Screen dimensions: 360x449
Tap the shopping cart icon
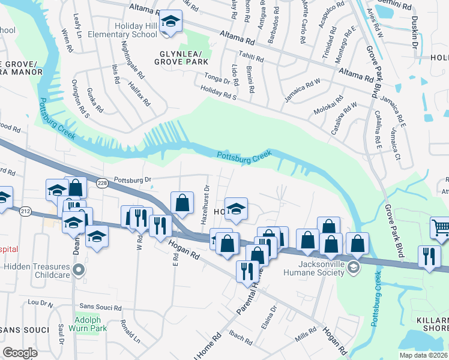coord(441,227)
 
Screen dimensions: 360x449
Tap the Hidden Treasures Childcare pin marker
coord(78,272)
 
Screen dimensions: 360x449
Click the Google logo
coord(20,353)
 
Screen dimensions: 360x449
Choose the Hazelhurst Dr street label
coord(205,204)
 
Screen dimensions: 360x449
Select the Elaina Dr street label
coord(273,317)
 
